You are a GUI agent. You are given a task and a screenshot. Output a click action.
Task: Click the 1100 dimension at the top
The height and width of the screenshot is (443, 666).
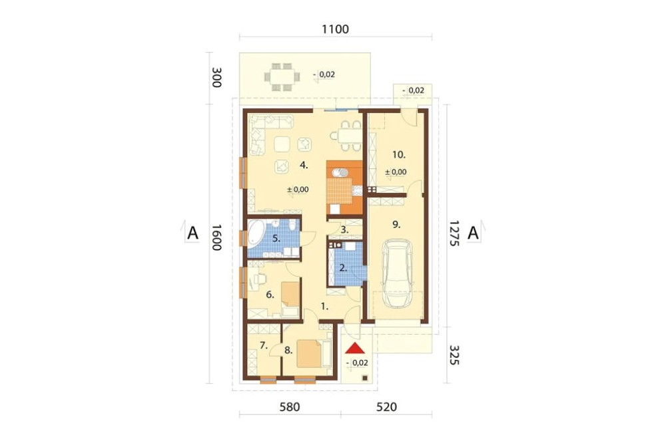click(x=335, y=29)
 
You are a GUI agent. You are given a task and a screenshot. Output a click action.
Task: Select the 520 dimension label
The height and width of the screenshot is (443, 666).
click(x=386, y=407)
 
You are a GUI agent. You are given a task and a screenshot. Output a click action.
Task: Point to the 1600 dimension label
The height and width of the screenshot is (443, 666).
click(x=216, y=237)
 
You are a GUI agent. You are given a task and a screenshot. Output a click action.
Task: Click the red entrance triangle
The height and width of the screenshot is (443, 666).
click(x=355, y=349)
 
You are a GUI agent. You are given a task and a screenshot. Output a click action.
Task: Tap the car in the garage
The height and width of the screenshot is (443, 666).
click(x=398, y=273)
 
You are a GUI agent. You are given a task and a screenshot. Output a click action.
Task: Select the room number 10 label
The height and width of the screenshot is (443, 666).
click(x=399, y=154)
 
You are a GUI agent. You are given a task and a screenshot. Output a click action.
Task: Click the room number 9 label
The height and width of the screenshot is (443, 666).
click(x=396, y=224)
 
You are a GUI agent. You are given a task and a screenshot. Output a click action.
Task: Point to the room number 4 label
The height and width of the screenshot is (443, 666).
click(x=304, y=165)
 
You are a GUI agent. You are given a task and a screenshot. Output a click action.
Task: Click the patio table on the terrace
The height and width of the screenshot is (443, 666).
click(x=282, y=76)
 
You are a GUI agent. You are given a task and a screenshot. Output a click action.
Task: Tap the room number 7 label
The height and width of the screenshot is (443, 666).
click(x=264, y=345)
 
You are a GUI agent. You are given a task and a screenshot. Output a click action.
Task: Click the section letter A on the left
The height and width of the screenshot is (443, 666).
click(x=193, y=233)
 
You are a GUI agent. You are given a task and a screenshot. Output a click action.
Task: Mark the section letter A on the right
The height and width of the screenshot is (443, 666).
click(x=473, y=233)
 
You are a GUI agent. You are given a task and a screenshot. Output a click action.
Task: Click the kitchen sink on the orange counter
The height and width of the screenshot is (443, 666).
click(x=340, y=173)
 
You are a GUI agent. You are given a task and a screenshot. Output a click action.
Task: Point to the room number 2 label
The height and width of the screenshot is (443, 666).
click(x=343, y=268)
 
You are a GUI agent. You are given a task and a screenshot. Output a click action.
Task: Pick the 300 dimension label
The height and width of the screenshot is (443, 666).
click(x=216, y=77)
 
